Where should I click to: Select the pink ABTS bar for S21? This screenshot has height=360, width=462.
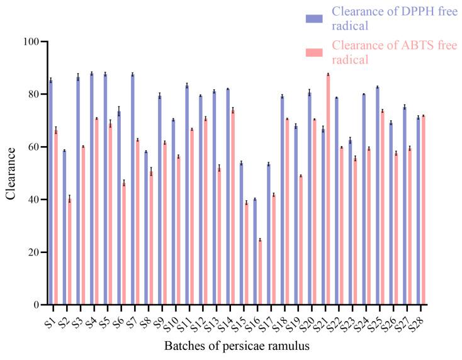[328, 189]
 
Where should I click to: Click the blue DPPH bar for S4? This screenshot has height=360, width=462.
[92, 189]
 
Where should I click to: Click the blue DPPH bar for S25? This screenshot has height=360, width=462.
[377, 196]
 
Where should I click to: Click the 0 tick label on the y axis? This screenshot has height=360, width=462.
[35, 305]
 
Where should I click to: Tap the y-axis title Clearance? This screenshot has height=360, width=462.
[11, 173]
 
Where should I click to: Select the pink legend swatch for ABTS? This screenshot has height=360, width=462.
[314, 53]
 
